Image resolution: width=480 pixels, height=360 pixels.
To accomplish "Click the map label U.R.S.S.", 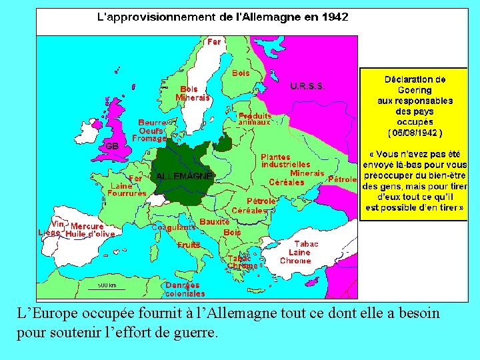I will point(308,85).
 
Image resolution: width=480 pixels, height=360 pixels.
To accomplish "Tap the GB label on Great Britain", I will point(111,145).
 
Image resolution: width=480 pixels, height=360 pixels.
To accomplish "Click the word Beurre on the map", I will point(152,123).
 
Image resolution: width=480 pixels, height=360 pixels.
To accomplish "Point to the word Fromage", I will point(149,139).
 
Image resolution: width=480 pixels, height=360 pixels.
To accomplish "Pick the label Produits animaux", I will point(255,119).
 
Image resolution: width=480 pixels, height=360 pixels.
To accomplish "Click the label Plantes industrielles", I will point(285,160).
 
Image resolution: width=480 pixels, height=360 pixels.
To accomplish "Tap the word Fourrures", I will point(127,193).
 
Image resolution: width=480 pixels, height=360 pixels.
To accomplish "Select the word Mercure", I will point(87,227).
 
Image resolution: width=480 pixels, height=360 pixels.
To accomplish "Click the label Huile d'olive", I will point(90,234).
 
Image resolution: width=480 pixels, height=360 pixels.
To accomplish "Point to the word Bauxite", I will point(215,221).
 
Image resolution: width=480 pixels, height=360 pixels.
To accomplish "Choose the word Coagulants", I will point(173,227).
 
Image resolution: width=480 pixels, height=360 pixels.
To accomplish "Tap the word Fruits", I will point(189,245).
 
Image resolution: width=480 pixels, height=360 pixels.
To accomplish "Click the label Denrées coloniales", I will point(185,289).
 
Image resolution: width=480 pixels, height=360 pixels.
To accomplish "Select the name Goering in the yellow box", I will point(415,90).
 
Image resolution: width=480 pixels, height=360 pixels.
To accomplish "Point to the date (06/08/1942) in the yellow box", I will point(415,132).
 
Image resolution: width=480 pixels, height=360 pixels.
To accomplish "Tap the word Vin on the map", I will point(58,225).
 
